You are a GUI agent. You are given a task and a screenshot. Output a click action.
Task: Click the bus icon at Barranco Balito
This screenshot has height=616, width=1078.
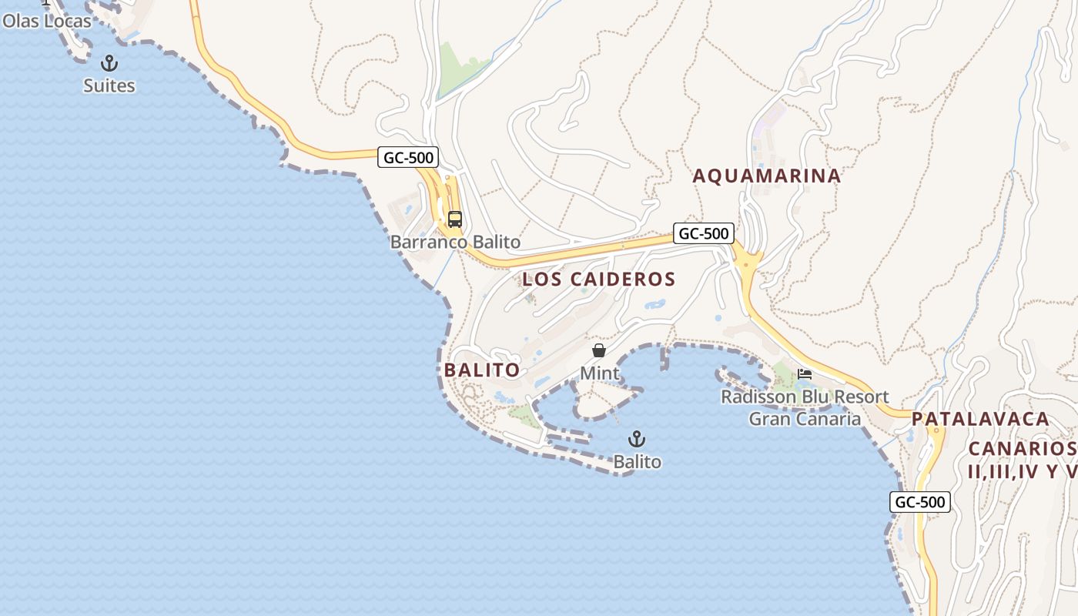[455, 219]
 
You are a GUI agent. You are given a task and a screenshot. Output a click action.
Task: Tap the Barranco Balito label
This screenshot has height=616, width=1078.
[455, 242]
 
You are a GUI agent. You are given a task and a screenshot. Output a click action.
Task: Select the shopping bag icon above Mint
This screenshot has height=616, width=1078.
[599, 350]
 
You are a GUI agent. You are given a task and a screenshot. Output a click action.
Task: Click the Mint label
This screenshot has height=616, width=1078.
[600, 373]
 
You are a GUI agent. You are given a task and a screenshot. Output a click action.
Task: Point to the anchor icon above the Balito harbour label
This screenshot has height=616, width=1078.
[637, 439]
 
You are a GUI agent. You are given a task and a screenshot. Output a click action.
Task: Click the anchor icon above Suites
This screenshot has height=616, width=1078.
[109, 62]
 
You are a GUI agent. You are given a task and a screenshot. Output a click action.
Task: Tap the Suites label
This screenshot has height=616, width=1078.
[109, 85]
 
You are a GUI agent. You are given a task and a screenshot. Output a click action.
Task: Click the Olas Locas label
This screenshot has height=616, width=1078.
[46, 21]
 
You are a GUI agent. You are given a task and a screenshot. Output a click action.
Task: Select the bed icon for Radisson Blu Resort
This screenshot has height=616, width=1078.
[805, 374]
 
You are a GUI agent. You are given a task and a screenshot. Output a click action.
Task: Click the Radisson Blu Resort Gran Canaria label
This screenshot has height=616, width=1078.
[805, 408]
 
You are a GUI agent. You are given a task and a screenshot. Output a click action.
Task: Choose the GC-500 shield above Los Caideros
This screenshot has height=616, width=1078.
[703, 233]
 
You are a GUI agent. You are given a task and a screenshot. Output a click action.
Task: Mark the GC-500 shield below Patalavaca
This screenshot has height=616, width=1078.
[920, 502]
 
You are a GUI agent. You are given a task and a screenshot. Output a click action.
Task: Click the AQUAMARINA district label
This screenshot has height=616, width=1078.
[766, 176]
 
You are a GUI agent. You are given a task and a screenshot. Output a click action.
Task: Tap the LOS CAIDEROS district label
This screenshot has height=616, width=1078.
[598, 279]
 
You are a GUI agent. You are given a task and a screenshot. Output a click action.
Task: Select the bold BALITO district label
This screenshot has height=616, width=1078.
[482, 370]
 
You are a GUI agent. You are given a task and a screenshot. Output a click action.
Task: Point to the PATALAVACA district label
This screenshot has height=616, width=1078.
[980, 419]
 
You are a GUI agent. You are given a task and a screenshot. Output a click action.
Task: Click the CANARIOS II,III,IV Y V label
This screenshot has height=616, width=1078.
[1022, 460]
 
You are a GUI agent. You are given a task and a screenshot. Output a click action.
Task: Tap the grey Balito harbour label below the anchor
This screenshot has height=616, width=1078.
[637, 462]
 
